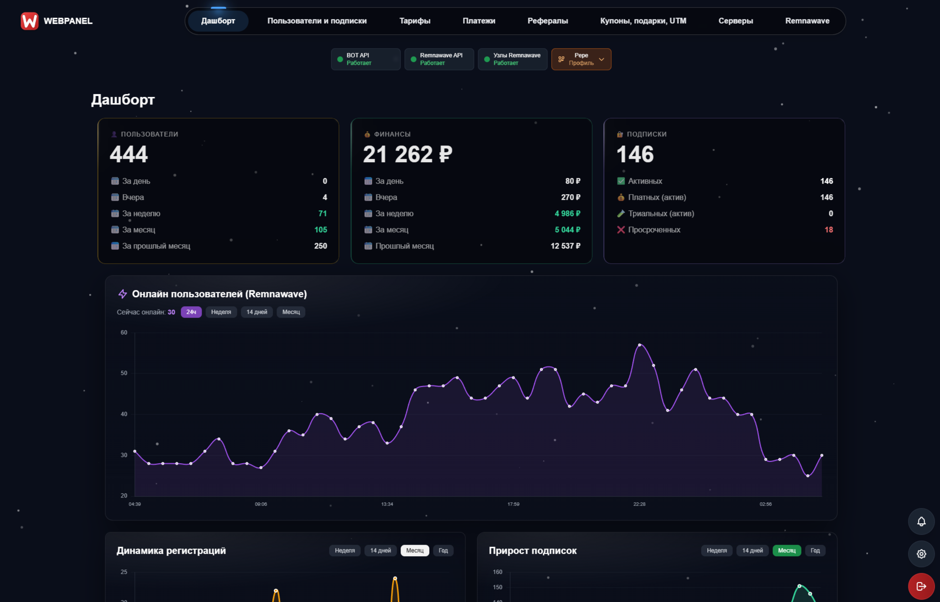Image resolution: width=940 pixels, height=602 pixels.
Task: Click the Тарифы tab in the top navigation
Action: coord(414,21)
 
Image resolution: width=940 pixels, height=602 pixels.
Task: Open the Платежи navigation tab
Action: coord(479,21)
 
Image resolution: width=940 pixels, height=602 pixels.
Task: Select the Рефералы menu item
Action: coord(547,21)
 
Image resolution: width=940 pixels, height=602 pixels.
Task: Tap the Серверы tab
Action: coord(735,21)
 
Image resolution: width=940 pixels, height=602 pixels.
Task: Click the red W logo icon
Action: coord(30,21)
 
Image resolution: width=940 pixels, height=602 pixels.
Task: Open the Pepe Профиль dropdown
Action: coord(581,59)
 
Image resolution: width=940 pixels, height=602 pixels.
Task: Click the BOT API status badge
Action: coord(365,59)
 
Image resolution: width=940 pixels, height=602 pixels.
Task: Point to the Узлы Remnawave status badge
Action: coord(512,59)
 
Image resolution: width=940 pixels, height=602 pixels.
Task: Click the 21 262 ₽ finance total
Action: coord(407,154)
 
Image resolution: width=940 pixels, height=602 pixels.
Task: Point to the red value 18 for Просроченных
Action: coord(828,230)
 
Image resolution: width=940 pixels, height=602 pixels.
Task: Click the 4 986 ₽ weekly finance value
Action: coord(567,214)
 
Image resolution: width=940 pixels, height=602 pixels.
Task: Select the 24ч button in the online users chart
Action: coord(191,312)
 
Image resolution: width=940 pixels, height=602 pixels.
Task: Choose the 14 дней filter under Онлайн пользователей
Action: coord(257,312)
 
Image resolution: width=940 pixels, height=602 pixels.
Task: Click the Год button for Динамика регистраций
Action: coord(443,550)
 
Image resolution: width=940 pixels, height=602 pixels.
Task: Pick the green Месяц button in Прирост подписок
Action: coord(786,550)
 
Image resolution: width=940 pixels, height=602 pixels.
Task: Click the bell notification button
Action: coord(921,521)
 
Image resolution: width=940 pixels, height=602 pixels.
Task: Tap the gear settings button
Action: coord(921,554)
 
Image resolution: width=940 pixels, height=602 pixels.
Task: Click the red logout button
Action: coord(921,586)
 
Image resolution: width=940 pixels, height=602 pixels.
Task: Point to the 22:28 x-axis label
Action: coord(639,504)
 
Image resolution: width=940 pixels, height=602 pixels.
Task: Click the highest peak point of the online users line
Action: coord(640,344)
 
